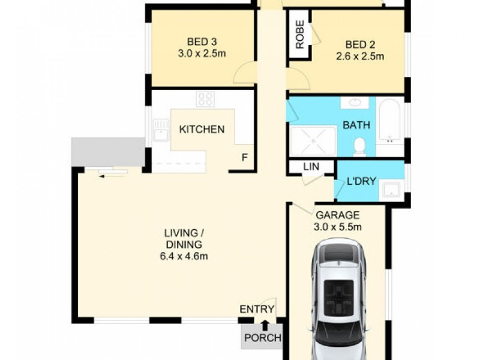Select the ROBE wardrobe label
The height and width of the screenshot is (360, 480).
[x=299, y=35]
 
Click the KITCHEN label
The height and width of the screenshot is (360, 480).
[x=202, y=129]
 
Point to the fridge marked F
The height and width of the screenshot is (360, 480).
[x=244, y=158]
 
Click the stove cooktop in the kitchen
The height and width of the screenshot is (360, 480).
[x=205, y=99]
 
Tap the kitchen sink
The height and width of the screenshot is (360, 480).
[x=160, y=130]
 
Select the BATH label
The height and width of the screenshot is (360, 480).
[x=356, y=125]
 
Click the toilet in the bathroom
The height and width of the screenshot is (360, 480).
[x=360, y=145]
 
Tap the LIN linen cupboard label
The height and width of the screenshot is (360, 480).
[x=310, y=166]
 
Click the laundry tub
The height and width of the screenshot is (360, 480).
[x=392, y=189]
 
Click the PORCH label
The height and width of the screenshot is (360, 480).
[x=262, y=338]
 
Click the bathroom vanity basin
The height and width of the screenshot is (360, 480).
[x=355, y=102]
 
